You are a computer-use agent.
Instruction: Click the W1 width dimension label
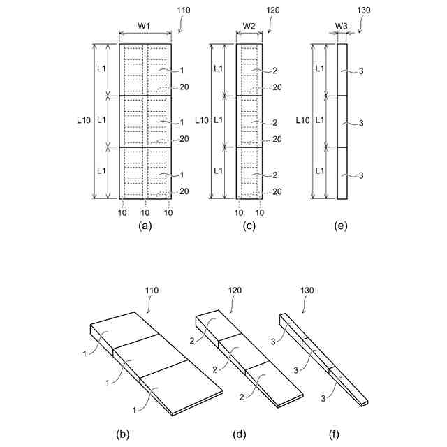145,26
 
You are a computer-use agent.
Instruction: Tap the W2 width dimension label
249,26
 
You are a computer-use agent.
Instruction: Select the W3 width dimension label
342,26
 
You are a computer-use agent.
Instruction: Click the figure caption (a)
145,226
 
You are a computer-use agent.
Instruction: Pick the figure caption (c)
249,226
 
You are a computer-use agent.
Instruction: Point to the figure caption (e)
342,226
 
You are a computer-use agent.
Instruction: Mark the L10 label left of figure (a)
82,120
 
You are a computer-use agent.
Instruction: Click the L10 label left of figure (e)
302,120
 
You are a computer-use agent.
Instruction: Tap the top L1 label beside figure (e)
320,68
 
